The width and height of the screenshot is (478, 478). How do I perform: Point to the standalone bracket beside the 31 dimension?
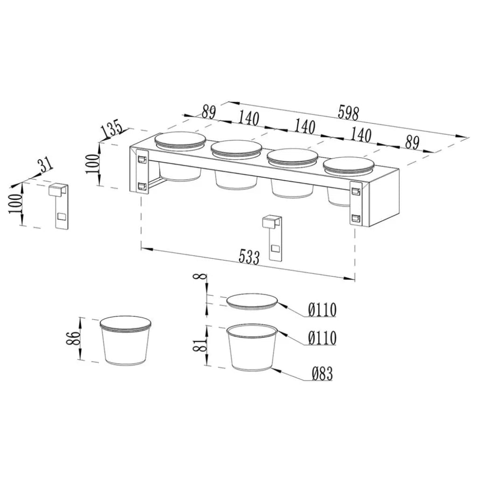point(58,205)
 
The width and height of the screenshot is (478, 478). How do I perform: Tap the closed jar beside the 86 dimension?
point(126,340)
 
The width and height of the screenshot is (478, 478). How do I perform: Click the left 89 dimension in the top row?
point(209,112)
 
